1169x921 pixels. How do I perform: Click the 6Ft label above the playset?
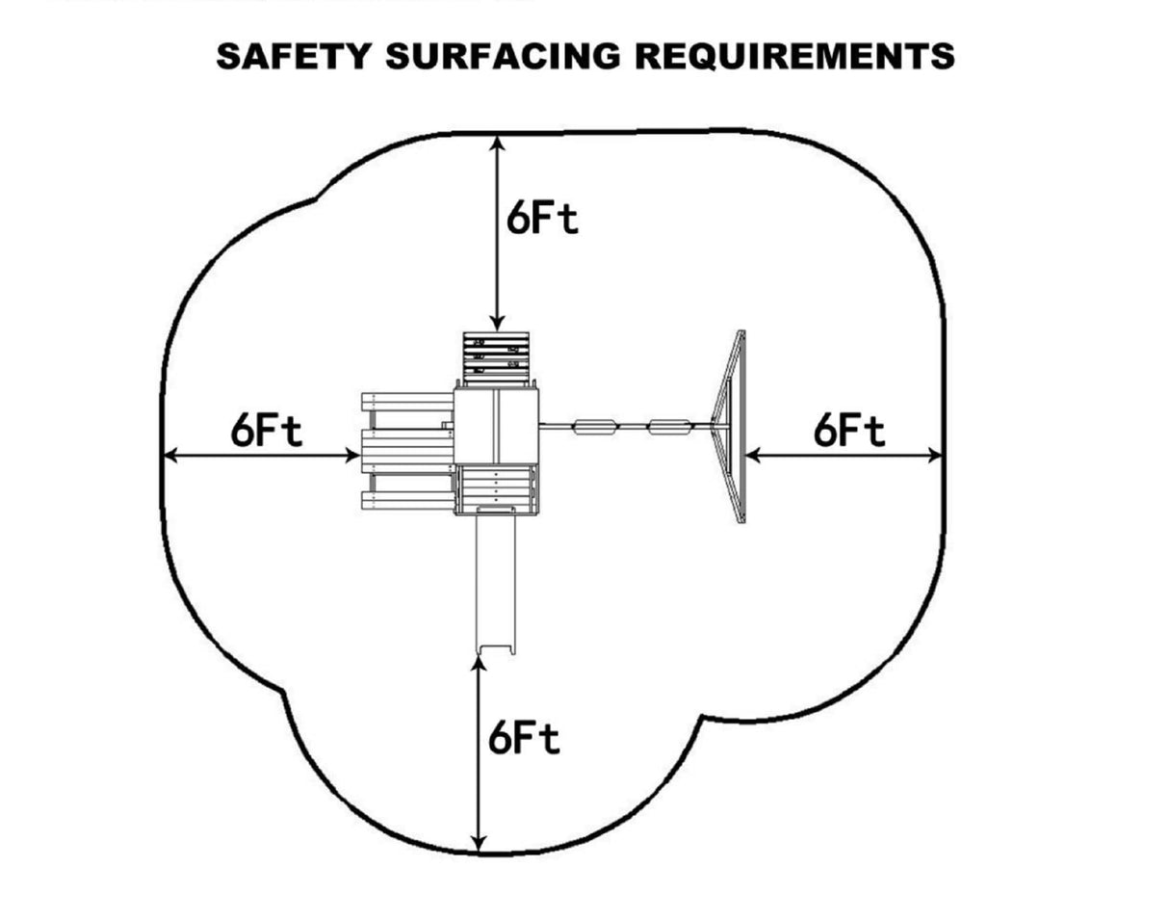pos(542,219)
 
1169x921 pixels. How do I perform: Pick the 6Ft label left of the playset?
pos(266,430)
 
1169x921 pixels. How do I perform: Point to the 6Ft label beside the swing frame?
pos(848,430)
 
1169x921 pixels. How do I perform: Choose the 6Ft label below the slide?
pos(523,739)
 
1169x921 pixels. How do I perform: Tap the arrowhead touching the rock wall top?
pos(497,324)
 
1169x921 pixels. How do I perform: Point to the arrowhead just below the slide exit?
pos(479,663)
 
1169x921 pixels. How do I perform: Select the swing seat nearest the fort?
pos(593,426)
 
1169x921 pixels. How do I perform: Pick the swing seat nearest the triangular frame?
pos(669,426)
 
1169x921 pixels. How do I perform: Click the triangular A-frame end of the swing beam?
pos(731,427)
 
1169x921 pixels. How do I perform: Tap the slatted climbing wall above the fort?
pos(496,356)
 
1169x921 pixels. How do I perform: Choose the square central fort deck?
pos(496,426)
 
